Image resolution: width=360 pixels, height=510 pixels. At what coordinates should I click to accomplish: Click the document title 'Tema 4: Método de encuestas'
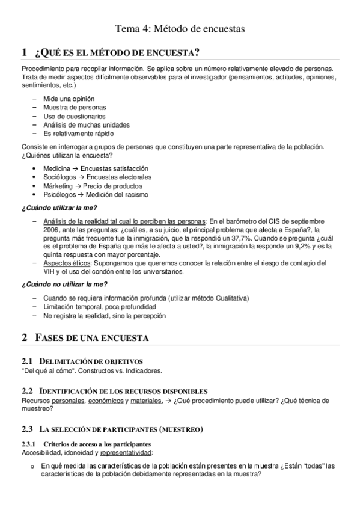(x=180, y=28)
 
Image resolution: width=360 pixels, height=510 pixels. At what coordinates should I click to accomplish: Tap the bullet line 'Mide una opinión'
(x=69, y=99)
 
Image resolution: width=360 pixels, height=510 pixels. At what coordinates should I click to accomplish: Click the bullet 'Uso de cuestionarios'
(x=74, y=116)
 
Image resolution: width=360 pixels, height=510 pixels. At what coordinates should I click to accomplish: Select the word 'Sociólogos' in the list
(x=60, y=177)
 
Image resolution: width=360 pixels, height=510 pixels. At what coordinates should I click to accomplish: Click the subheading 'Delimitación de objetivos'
(x=91, y=361)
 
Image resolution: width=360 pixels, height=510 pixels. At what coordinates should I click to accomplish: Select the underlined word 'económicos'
(x=106, y=401)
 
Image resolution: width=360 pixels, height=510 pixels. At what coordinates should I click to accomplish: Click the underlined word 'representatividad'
(x=126, y=452)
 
